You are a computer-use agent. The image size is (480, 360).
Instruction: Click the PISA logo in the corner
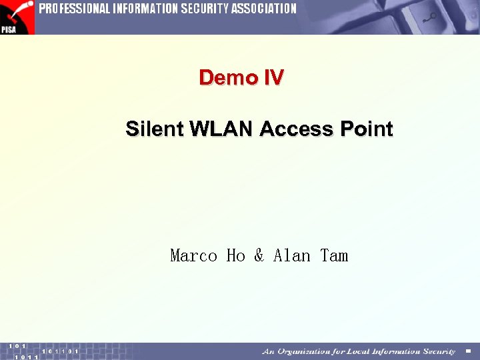pyautogui.click(x=17, y=17)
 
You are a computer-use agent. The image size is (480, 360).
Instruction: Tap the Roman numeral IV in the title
pyautogui.click(x=273, y=78)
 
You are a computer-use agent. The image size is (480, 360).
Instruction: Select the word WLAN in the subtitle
pyautogui.click(x=222, y=129)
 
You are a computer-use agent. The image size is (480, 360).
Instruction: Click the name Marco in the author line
pyautogui.click(x=194, y=255)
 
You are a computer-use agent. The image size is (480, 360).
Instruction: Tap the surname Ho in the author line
pyautogui.click(x=236, y=255)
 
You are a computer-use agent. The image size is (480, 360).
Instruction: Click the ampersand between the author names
pyautogui.click(x=259, y=255)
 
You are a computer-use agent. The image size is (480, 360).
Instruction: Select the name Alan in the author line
pyautogui.click(x=292, y=255)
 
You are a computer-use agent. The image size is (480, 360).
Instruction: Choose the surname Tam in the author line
pyautogui.click(x=334, y=255)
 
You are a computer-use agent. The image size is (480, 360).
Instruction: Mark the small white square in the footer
pyautogui.click(x=468, y=351)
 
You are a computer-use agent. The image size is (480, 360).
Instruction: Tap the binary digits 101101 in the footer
pyautogui.click(x=60, y=351)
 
